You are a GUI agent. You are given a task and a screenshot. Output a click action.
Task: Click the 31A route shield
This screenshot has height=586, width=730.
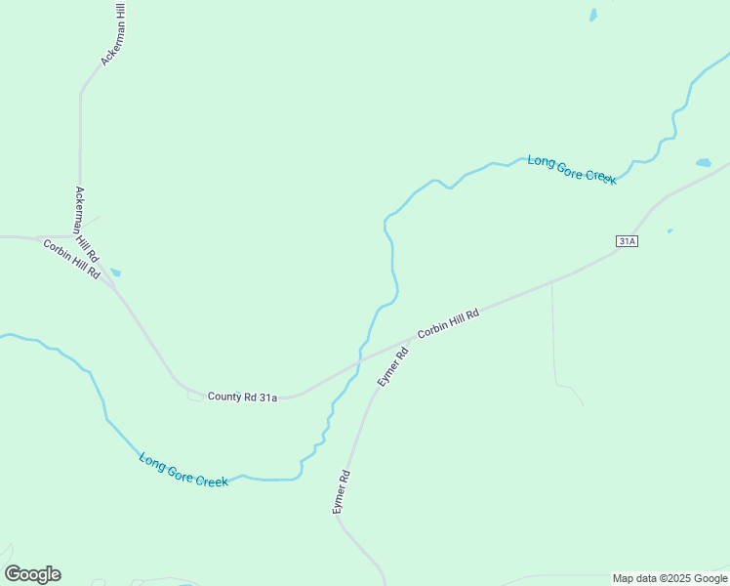click(627, 240)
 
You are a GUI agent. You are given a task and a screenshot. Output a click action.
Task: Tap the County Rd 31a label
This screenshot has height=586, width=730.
click(242, 397)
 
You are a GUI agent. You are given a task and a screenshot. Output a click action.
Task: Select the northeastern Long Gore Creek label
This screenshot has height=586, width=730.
click(572, 169)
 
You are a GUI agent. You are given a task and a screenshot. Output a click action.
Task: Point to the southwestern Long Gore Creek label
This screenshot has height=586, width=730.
click(183, 470)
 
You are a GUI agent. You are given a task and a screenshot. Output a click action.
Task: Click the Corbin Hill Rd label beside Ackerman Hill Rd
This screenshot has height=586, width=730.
click(71, 259)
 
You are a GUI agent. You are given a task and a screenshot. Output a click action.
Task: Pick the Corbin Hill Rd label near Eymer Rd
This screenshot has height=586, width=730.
click(449, 323)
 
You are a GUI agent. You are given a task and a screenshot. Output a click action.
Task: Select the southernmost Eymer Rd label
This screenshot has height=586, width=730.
click(341, 492)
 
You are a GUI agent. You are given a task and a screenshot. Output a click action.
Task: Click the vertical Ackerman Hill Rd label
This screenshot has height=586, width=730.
click(87, 224)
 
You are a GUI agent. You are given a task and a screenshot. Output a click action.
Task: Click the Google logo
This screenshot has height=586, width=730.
click(32, 574)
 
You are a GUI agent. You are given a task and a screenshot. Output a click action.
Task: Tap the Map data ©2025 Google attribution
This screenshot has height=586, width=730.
click(670, 578)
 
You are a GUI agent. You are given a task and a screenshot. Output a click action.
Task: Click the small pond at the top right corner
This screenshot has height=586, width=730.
click(592, 15)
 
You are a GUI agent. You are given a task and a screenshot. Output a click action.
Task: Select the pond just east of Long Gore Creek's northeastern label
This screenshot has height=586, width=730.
click(703, 163)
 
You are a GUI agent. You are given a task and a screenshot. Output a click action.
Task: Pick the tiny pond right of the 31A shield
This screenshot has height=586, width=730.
click(669, 231)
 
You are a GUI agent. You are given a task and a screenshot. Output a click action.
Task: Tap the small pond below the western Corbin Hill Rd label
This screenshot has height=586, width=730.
click(115, 272)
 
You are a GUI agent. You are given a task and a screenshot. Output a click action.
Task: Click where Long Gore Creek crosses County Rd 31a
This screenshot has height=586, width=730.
click(360, 362)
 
